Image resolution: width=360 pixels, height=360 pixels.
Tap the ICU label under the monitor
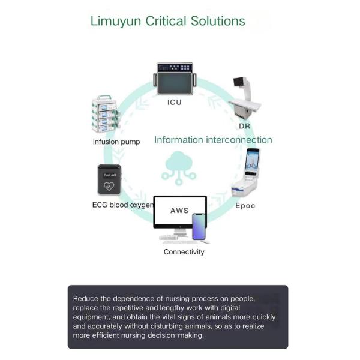pyautogui.click(x=174, y=103)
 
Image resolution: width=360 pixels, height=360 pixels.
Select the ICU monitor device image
pyautogui.click(x=175, y=79)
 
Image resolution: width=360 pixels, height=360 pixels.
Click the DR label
pyautogui.click(x=244, y=127)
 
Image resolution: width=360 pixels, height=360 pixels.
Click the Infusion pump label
pyautogui.click(x=116, y=142)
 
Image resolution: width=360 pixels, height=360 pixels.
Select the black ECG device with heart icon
pyautogui.click(x=109, y=179)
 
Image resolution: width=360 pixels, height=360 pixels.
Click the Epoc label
pyautogui.click(x=245, y=206)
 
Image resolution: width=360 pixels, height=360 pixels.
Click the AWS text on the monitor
pyautogui.click(x=179, y=211)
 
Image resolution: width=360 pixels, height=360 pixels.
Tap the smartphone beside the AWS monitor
pyautogui.click(x=199, y=226)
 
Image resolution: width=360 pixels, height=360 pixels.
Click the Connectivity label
pyautogui.click(x=184, y=252)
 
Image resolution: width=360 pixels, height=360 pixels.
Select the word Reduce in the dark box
pyautogui.click(x=85, y=298)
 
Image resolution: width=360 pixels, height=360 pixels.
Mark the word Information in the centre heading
pyautogui.click(x=179, y=140)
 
